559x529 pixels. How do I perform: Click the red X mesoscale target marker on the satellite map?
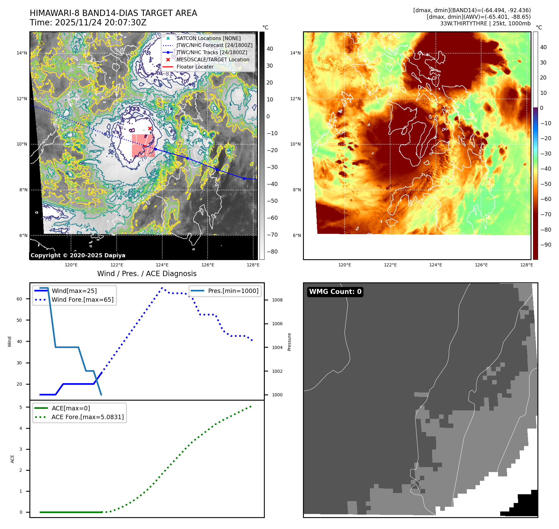point(150,129)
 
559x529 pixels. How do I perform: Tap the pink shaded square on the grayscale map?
point(143,146)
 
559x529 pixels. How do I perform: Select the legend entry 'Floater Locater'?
point(195,67)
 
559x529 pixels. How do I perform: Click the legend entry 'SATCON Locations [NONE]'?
point(208,38)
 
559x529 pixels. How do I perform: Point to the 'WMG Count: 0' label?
point(335,292)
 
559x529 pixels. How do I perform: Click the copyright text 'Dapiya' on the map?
point(115,255)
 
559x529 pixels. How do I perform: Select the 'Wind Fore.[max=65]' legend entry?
point(83,300)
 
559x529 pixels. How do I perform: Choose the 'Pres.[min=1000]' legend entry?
point(233,291)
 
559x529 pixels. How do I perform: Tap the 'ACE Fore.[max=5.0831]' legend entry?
point(88,417)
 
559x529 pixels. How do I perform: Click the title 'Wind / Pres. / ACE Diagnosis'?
point(147,274)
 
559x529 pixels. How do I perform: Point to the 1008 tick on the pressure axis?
point(277,300)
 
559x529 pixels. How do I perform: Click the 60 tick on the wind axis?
point(19,299)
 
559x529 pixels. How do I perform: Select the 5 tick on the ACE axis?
point(21,407)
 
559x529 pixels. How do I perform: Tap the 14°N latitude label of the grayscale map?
point(22,53)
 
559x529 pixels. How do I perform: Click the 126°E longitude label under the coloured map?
point(481,265)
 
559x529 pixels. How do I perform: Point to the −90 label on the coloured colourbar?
point(546,245)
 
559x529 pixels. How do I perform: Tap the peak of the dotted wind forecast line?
point(162,288)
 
